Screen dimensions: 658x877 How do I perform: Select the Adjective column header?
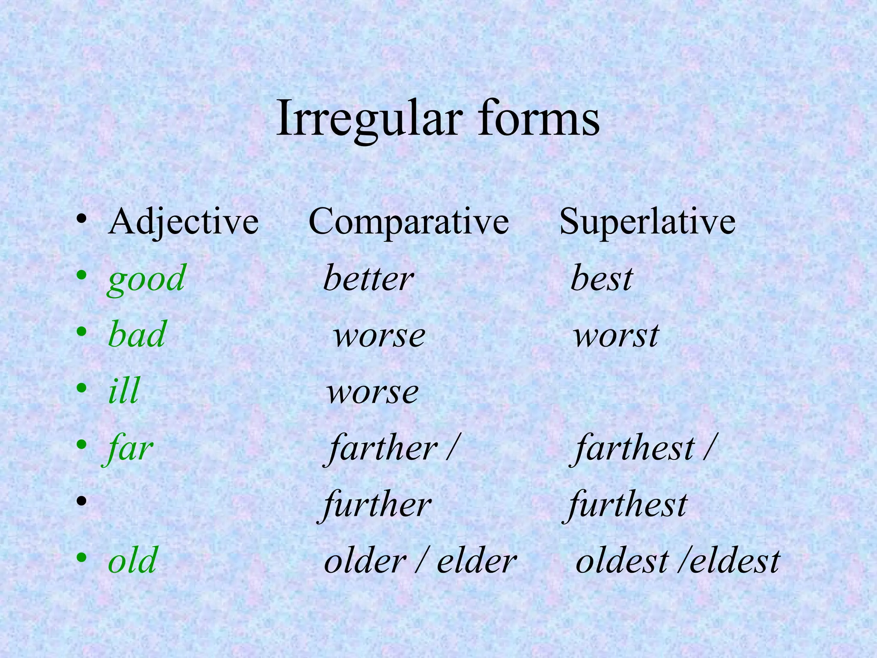[183, 221]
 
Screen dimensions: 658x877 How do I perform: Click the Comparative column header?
[409, 221]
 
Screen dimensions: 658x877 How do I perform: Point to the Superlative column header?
[647, 221]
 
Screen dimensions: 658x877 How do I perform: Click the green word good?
[146, 279]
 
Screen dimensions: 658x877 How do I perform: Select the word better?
[368, 279]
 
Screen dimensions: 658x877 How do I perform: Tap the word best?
[601, 279]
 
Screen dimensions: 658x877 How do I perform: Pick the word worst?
[616, 335]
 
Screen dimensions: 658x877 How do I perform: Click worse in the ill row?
[373, 392]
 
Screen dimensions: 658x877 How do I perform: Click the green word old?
[132, 561]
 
